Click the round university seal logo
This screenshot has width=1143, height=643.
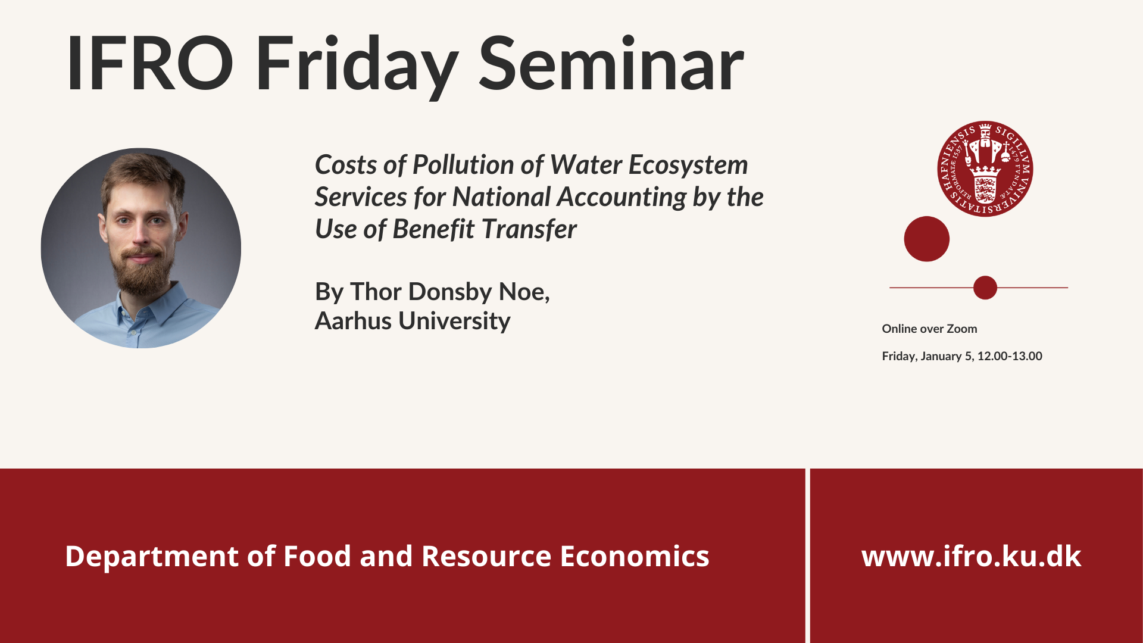985,169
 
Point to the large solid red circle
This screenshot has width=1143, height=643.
926,239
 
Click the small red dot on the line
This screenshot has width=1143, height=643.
985,288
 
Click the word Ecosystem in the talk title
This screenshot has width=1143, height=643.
688,166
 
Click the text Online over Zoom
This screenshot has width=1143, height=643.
929,329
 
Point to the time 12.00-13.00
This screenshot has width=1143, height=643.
1010,356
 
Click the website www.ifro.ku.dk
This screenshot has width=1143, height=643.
971,556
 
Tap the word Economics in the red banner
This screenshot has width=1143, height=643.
635,556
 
